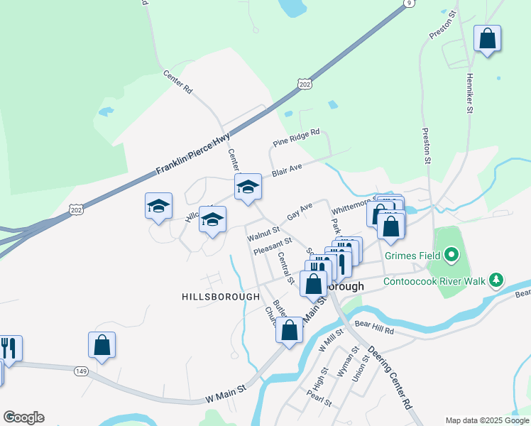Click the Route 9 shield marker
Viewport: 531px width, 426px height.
(x=407, y=4)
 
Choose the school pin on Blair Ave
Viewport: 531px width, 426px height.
(x=248, y=187)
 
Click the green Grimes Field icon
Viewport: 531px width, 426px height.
(x=451, y=255)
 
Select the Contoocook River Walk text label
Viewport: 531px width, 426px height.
(x=434, y=282)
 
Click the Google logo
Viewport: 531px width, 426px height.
(x=23, y=417)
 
